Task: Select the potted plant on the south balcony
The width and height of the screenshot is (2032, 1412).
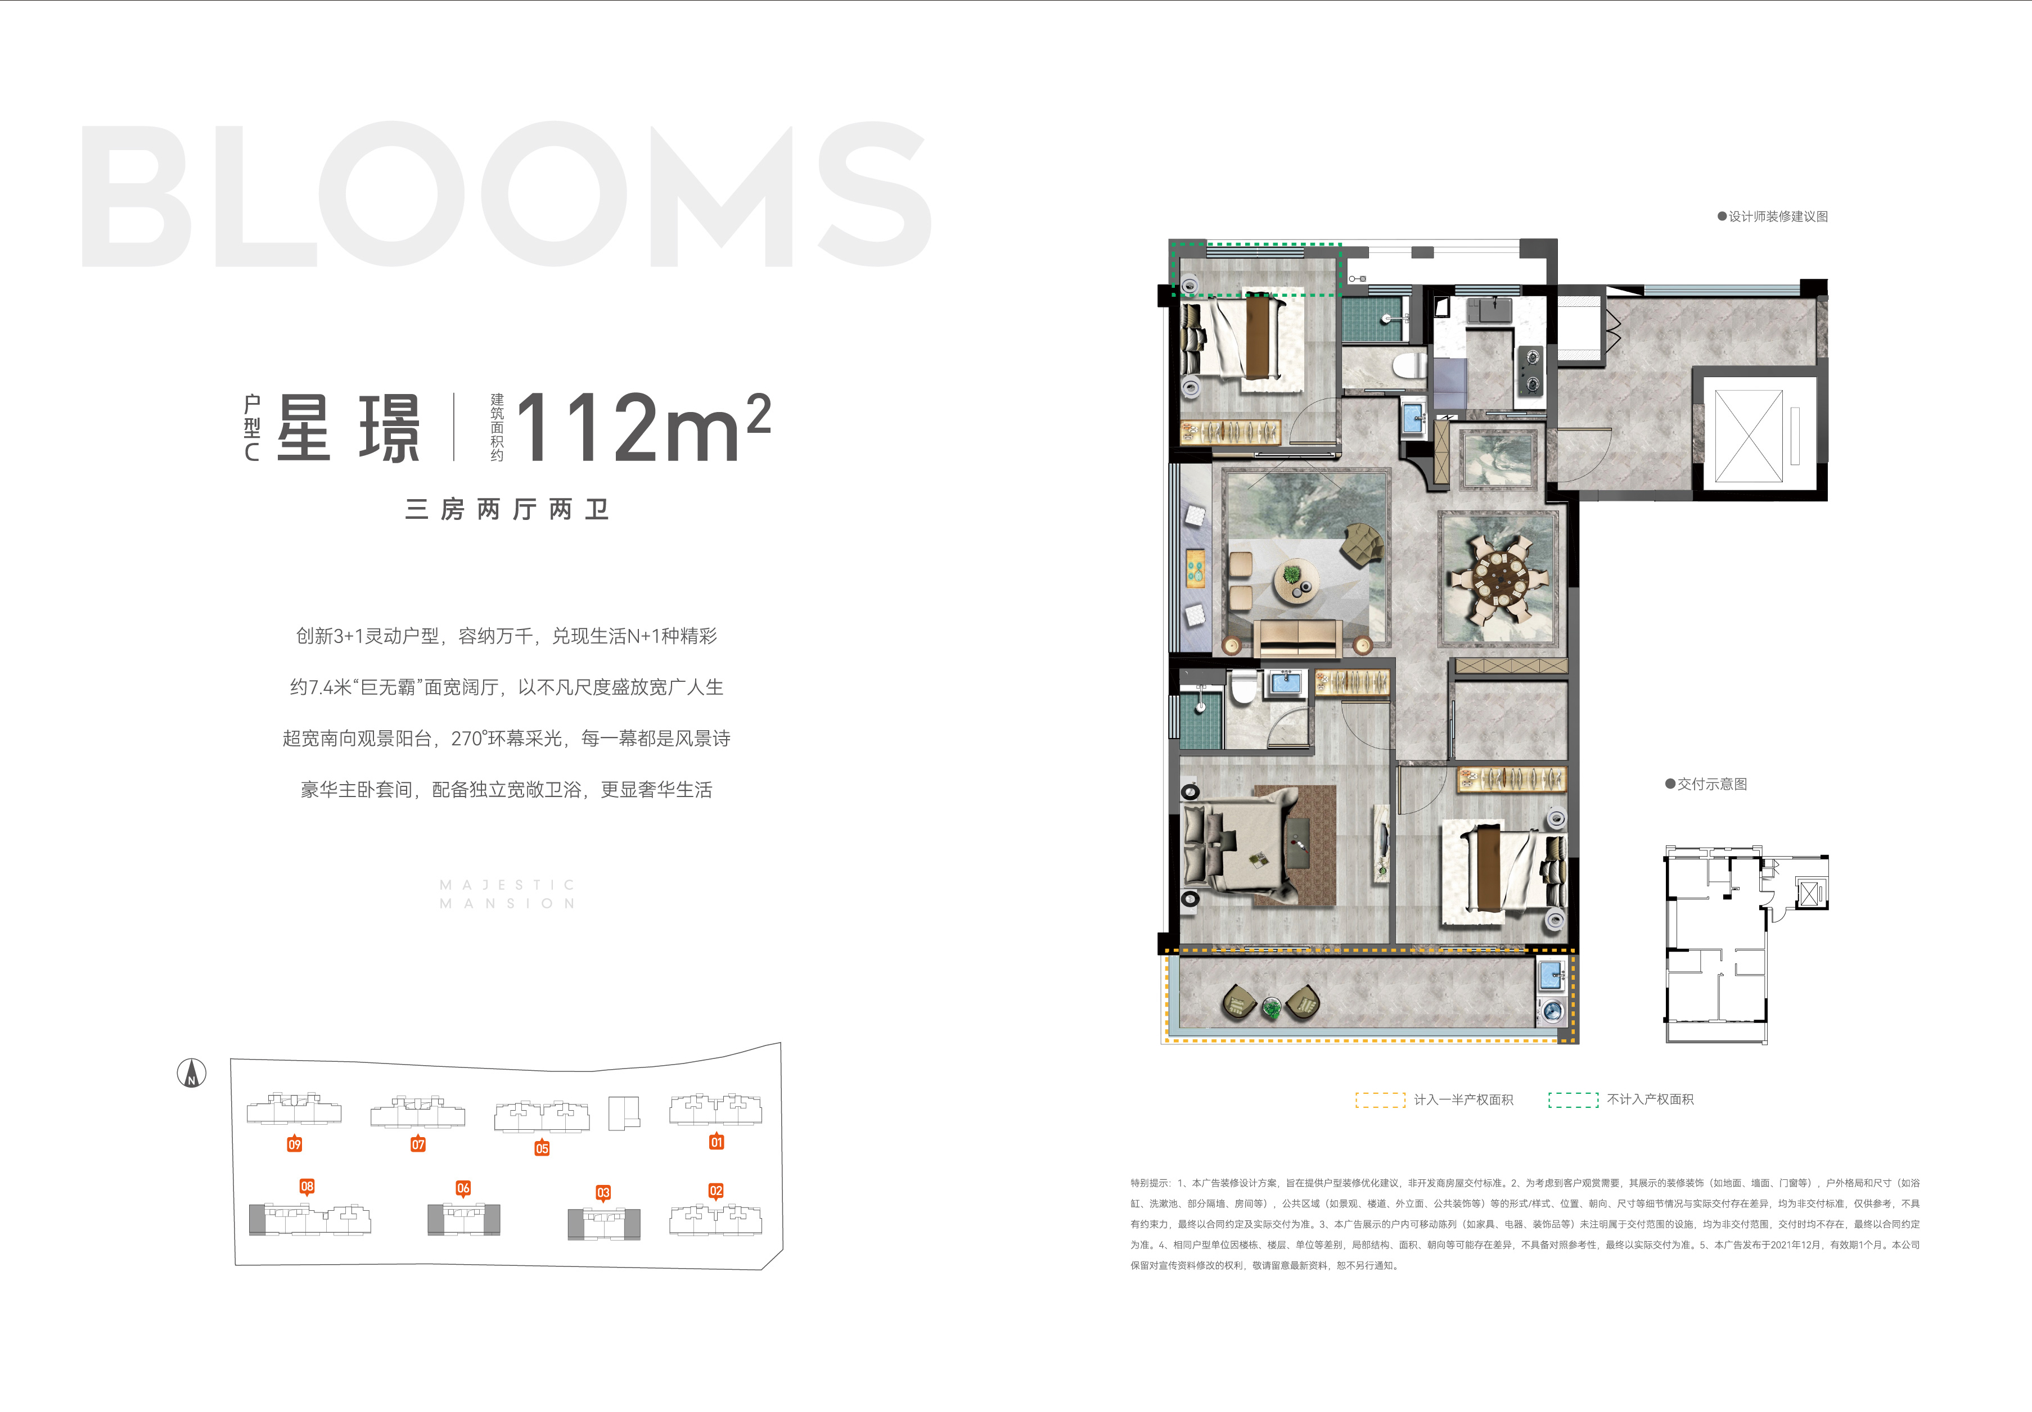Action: (1271, 1006)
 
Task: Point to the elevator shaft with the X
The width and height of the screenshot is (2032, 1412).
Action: (1748, 435)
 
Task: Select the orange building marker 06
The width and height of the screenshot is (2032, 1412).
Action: (463, 1188)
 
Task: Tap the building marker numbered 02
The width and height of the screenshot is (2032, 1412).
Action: (716, 1191)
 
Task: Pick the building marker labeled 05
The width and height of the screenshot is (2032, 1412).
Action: (542, 1148)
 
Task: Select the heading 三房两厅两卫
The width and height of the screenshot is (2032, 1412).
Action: (507, 510)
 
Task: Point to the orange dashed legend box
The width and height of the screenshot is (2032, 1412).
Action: (1380, 1099)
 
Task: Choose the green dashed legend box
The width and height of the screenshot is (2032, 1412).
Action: (1573, 1099)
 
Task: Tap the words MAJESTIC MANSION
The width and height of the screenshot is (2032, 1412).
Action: (508, 894)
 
